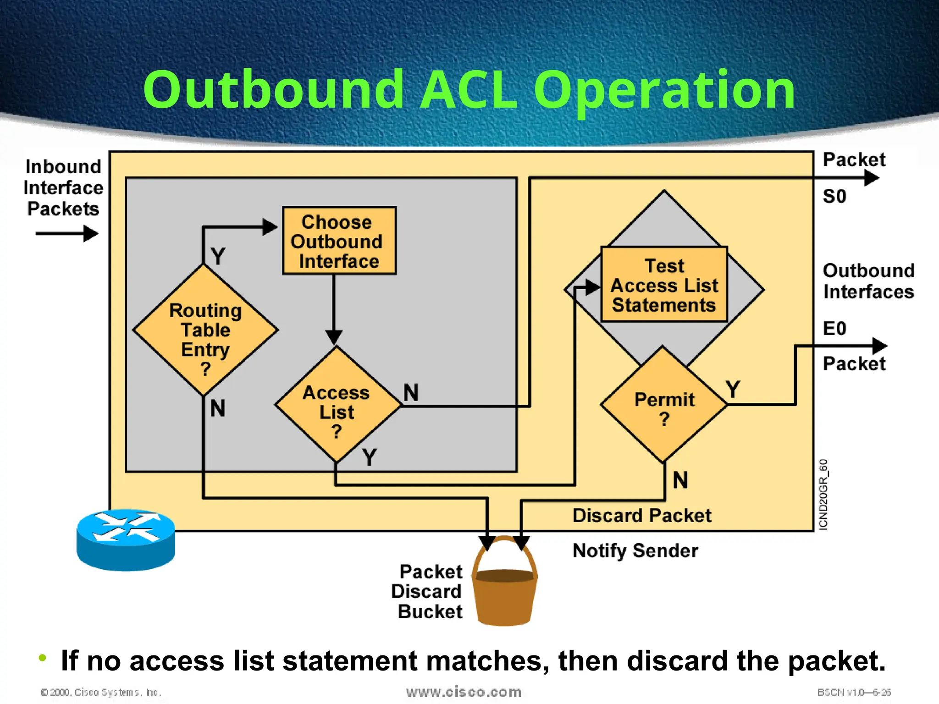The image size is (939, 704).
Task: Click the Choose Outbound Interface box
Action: point(339,241)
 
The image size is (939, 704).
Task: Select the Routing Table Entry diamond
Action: point(205,330)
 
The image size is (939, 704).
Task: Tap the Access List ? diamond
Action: point(337,406)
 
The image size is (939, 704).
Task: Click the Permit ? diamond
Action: point(664,405)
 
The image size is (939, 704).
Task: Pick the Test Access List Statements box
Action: point(664,285)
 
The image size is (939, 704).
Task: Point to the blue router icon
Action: point(126,540)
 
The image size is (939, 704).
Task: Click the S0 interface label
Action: point(834,197)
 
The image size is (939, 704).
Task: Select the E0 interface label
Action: point(834,329)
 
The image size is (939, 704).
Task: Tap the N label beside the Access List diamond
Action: point(411,393)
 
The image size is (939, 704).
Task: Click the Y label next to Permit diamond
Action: point(733,390)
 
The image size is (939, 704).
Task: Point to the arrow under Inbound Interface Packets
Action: point(67,234)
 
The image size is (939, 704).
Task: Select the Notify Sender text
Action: point(635,550)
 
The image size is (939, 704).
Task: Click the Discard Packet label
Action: point(641,516)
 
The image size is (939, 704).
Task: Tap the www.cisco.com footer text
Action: point(464,692)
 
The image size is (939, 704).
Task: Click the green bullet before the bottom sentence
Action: point(43,658)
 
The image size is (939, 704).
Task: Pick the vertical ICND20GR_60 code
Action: point(823,495)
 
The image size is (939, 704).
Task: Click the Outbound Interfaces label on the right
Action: point(868,281)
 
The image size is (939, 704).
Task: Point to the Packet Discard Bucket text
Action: point(429,592)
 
